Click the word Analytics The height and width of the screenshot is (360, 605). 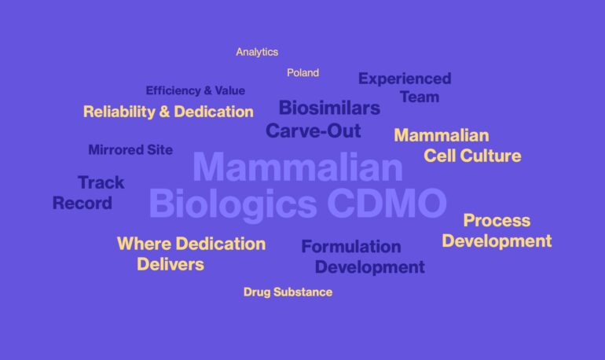tap(257, 52)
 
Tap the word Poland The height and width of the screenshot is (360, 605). tap(302, 72)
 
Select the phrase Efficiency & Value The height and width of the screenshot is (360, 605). tap(195, 90)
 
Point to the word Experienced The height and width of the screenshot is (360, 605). tap(405, 79)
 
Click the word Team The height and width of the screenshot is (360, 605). tap(419, 97)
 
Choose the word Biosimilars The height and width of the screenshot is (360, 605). tap(329, 108)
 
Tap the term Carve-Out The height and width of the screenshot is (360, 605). tap(313, 130)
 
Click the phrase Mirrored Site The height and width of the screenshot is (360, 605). tap(130, 149)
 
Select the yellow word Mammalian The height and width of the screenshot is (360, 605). tap(441, 135)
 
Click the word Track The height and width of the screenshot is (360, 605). tap(101, 182)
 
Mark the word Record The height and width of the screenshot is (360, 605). tap(82, 203)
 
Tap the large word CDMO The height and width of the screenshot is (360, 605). tap(387, 204)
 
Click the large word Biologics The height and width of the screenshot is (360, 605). tap(233, 204)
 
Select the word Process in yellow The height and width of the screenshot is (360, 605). tap(497, 220)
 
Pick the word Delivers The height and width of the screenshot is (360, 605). tap(170, 264)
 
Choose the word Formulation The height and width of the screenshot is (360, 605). tap(350, 247)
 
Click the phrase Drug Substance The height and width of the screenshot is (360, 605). tap(288, 292)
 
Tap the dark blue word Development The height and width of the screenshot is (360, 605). tap(369, 267)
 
